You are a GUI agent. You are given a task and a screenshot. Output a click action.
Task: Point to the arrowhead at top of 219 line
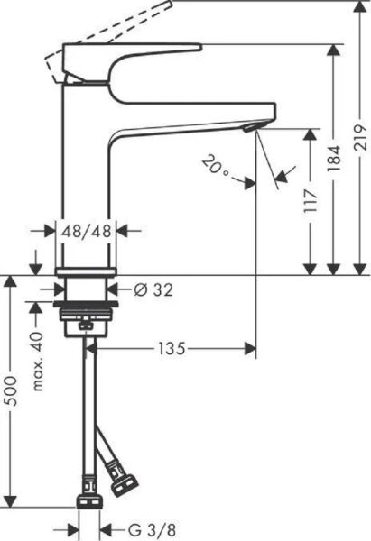coord(357,7)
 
